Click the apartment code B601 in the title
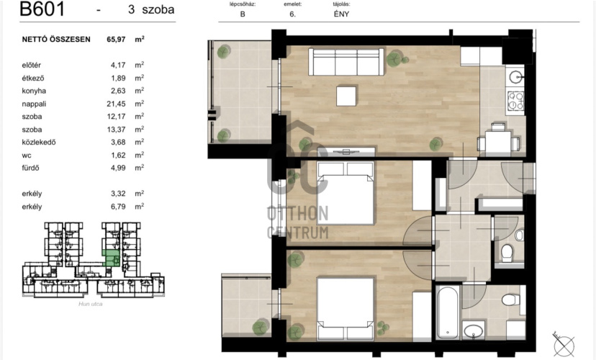tap(42, 9)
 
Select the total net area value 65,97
tap(116, 39)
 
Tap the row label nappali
tap(34, 104)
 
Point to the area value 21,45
tap(116, 104)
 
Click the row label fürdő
tap(30, 168)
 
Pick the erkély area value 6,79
tap(118, 207)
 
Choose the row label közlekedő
tap(39, 142)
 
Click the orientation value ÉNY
tap(341, 14)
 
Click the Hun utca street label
tap(91, 304)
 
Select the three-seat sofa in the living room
tap(346, 62)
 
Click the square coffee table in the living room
tap(346, 96)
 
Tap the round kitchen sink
tap(516, 77)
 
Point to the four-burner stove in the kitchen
tap(516, 101)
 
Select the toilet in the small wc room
tap(507, 253)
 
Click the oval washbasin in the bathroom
tap(473, 331)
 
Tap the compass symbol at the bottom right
tap(564, 345)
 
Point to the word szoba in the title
tap(158, 10)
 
